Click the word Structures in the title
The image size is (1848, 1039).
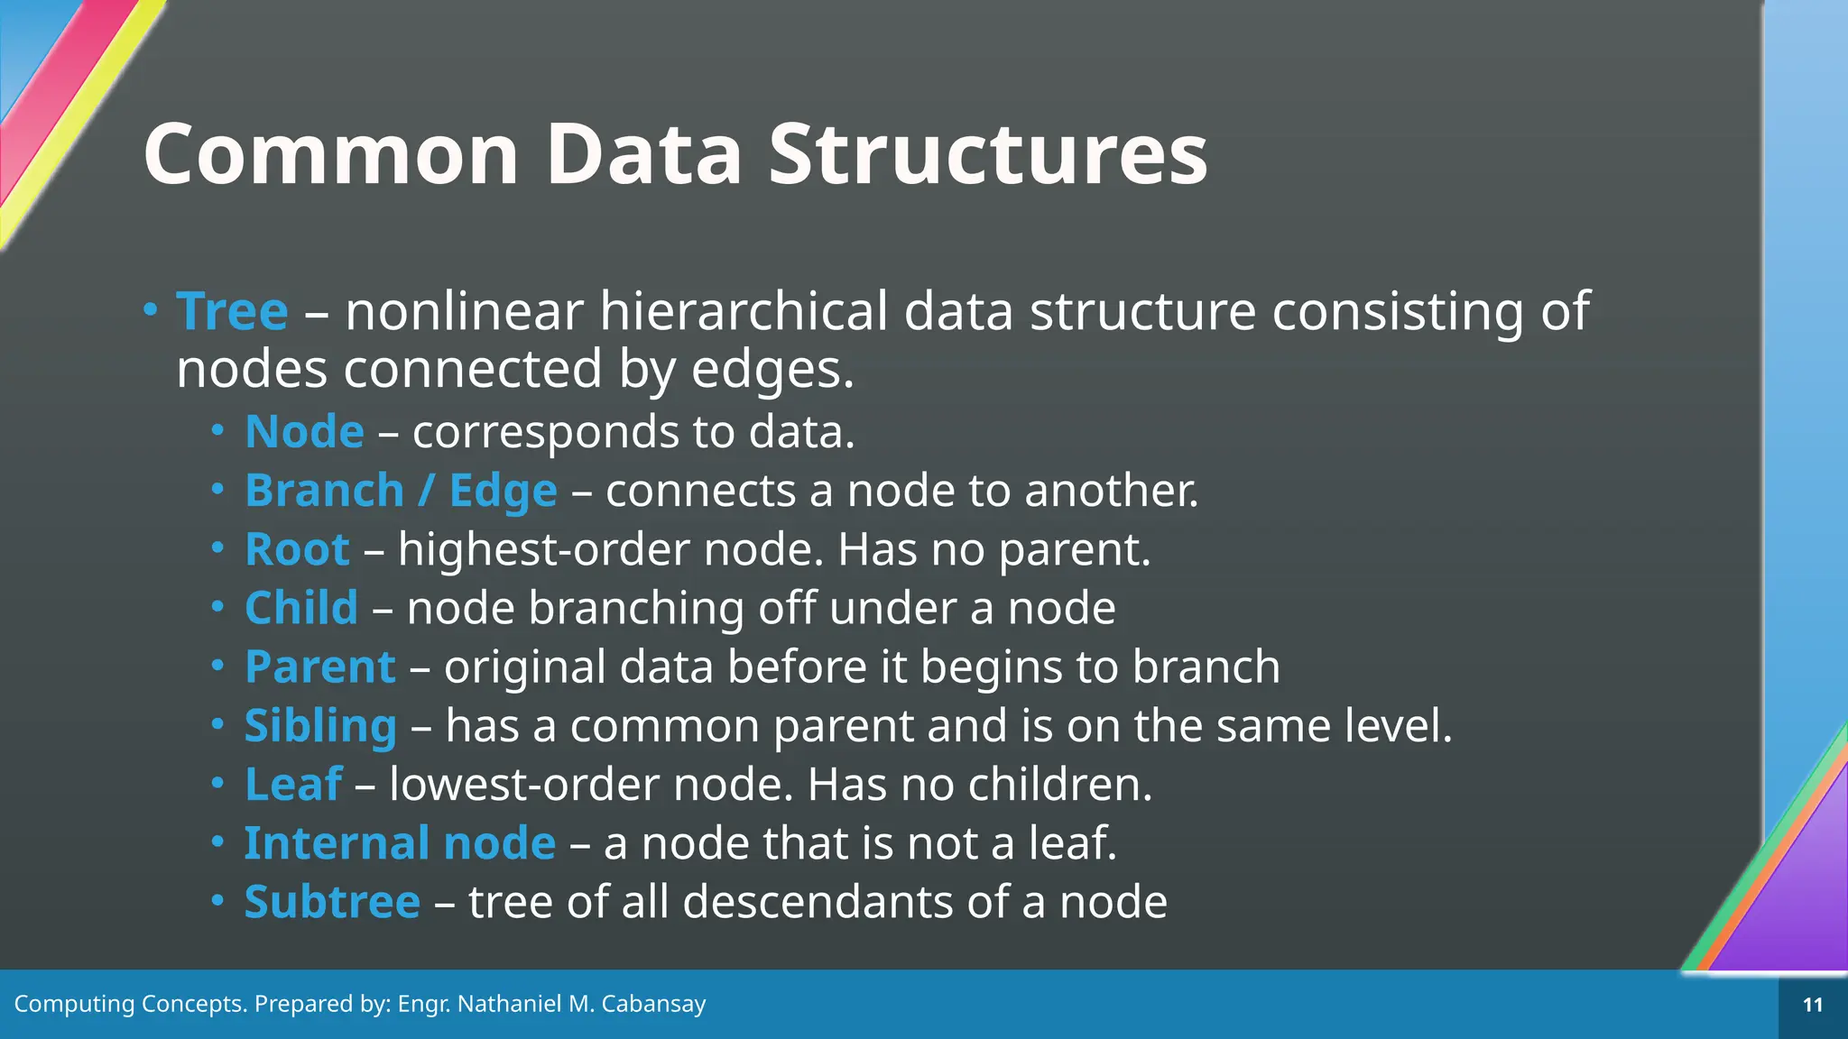[x=987, y=155]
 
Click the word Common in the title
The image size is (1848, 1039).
[x=331, y=155]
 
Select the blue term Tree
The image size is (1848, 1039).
[x=232, y=311]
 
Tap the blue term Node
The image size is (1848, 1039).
[x=304, y=431]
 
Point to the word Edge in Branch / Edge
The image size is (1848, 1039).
[x=503, y=492]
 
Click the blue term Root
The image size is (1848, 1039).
[x=297, y=549]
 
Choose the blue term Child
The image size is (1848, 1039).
[x=301, y=608]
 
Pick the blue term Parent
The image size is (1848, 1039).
[x=319, y=667]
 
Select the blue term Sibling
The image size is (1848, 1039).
[x=319, y=726]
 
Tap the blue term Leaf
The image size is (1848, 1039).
[x=293, y=784]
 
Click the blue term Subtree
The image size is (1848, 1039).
[x=332, y=902]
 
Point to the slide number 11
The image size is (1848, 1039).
[x=1812, y=1005]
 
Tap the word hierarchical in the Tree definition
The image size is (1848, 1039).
[x=744, y=311]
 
